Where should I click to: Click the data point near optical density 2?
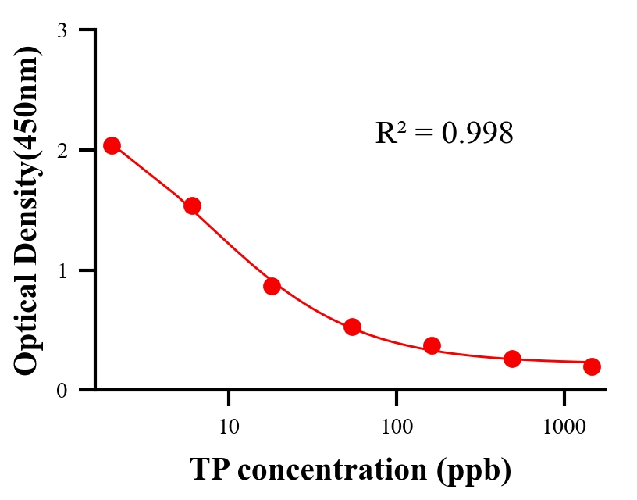(x=112, y=145)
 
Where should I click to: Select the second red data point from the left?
(x=192, y=205)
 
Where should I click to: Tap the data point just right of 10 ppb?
(x=272, y=286)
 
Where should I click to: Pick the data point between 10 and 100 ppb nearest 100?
(x=352, y=327)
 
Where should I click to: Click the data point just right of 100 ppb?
(x=432, y=345)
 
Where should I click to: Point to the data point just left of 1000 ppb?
(x=512, y=359)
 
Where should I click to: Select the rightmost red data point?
(x=592, y=366)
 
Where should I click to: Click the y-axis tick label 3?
(x=62, y=30)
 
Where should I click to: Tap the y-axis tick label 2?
(x=62, y=150)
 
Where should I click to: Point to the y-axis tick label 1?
(x=62, y=270)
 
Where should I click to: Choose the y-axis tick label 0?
(x=62, y=390)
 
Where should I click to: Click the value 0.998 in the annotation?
(x=477, y=134)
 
